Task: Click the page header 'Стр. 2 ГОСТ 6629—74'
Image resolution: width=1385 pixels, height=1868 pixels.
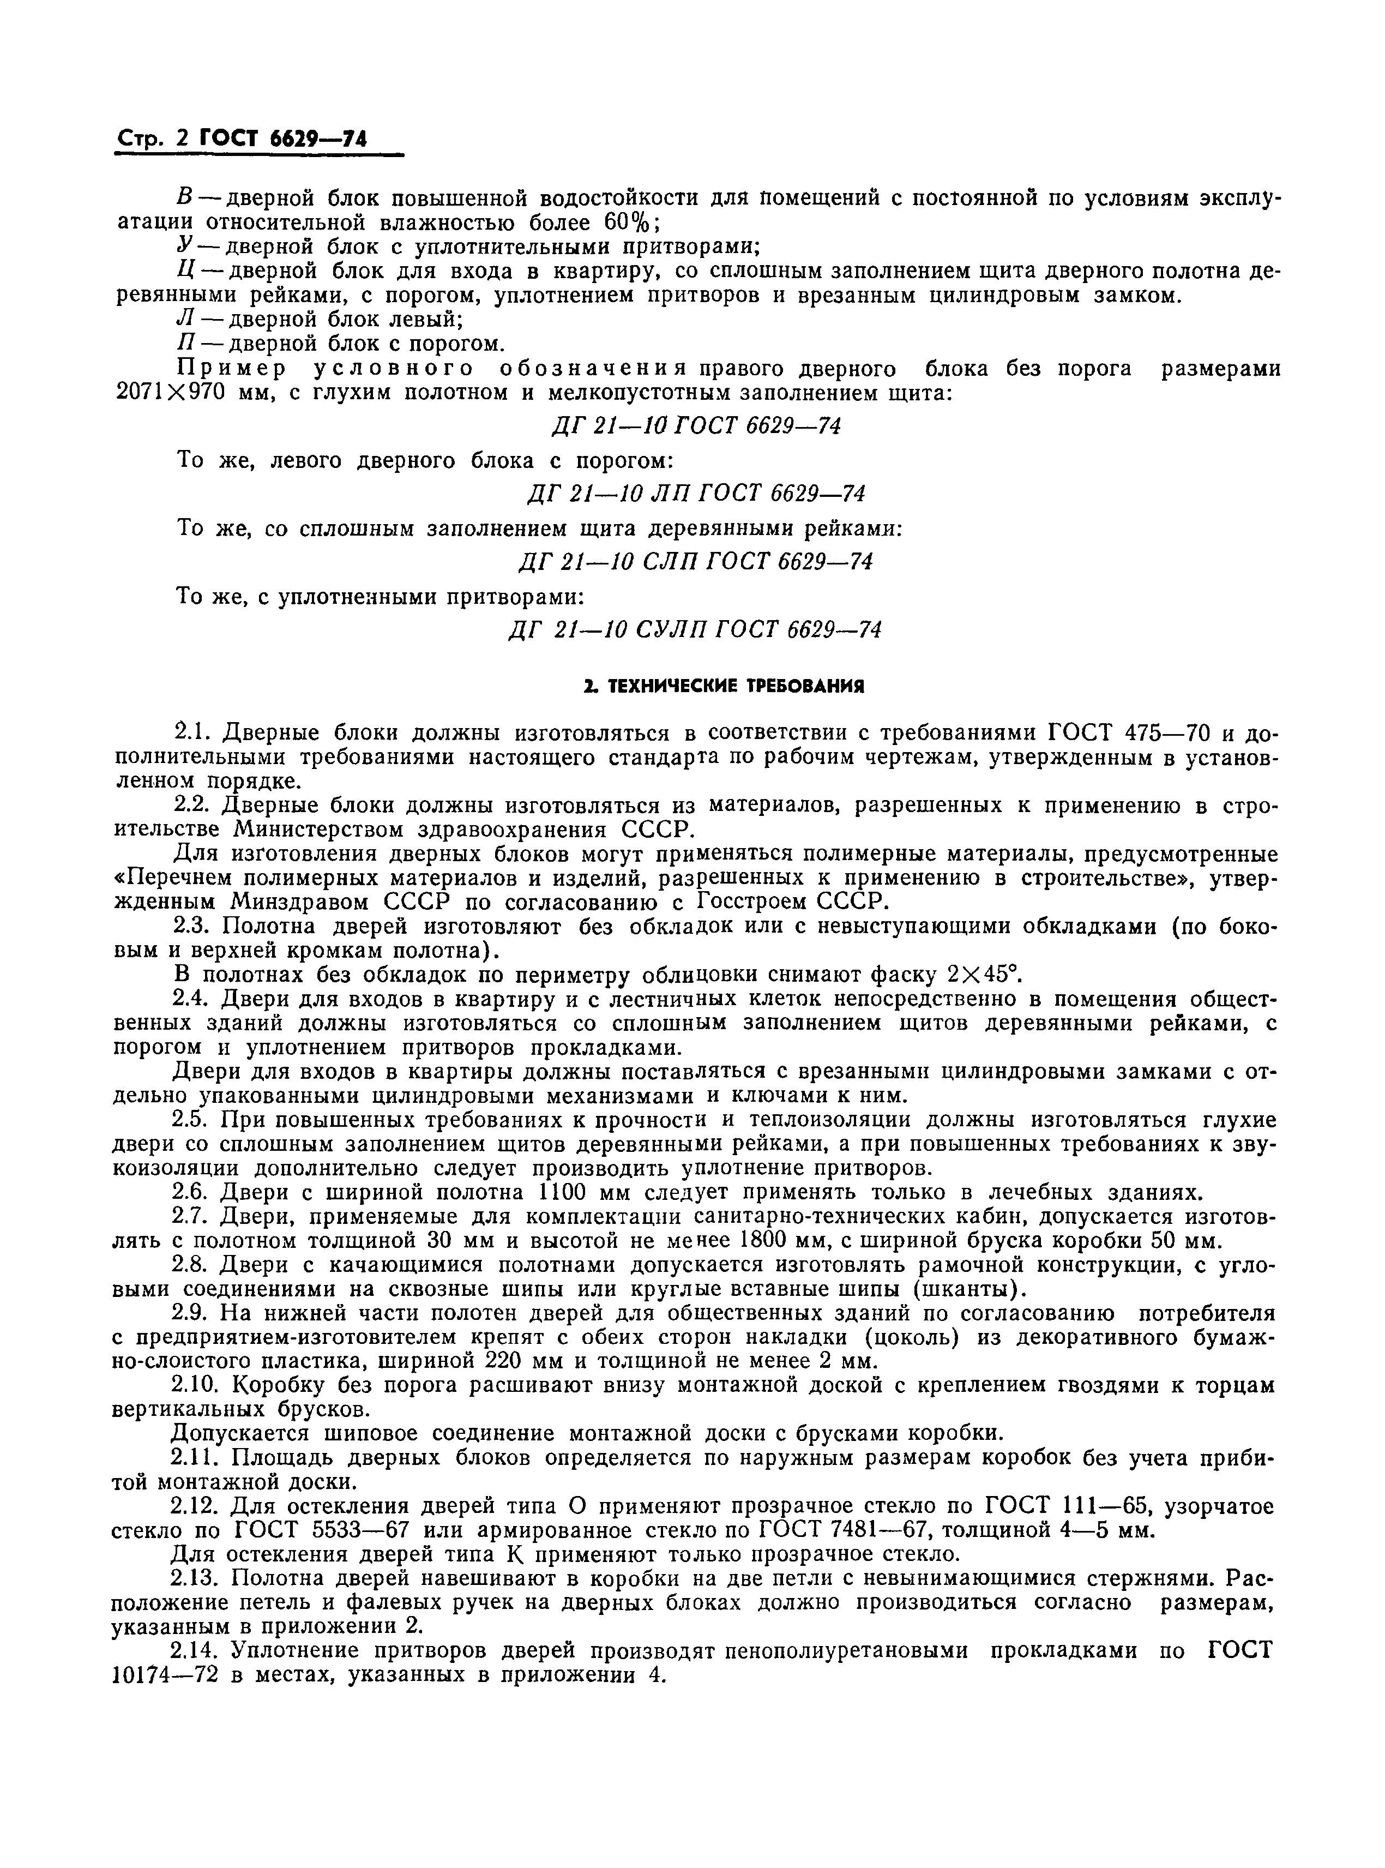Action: click(240, 139)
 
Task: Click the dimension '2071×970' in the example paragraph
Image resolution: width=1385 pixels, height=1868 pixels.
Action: click(170, 392)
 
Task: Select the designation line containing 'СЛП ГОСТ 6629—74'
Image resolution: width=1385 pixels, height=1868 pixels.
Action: click(695, 561)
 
